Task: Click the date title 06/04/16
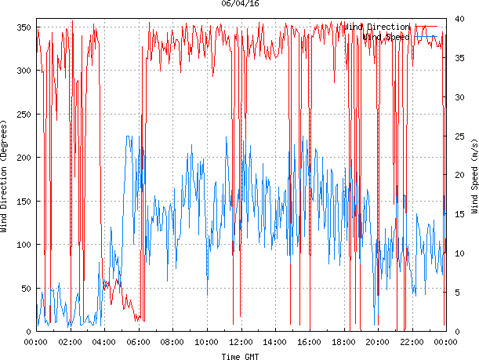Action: click(241, 4)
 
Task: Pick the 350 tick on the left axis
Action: click(22, 27)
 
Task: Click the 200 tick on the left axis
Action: click(22, 158)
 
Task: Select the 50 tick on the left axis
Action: click(24, 288)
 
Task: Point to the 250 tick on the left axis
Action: click(22, 115)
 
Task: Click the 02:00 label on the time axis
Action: click(71, 342)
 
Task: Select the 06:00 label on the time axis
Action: click(139, 342)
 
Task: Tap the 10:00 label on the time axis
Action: click(207, 342)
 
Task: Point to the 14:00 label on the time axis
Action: click(275, 342)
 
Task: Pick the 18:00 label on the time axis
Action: click(343, 342)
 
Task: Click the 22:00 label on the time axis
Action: click(412, 342)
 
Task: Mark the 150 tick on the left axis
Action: click(22, 201)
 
